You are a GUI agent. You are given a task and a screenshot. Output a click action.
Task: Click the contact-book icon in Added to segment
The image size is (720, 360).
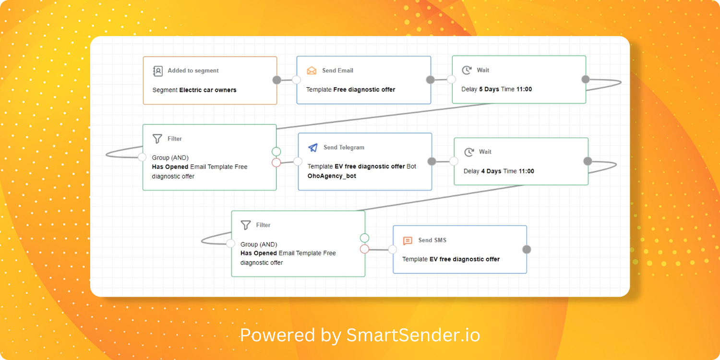158,71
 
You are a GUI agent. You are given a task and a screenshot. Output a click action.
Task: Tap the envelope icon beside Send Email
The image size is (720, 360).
312,71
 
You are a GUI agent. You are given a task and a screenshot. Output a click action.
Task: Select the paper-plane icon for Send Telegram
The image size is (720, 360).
313,148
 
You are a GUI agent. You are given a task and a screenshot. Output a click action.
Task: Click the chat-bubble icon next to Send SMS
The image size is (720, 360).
408,240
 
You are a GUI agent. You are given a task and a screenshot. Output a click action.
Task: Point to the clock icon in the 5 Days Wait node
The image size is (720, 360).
467,71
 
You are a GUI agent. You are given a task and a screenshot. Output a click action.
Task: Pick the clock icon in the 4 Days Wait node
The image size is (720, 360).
469,152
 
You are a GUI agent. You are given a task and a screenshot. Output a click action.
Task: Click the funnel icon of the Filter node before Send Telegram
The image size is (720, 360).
157,139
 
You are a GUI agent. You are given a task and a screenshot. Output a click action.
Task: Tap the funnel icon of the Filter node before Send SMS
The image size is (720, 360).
246,225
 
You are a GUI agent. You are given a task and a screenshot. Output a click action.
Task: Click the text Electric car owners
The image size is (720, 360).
208,90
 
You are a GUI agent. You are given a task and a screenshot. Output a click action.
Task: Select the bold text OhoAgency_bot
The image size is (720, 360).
332,176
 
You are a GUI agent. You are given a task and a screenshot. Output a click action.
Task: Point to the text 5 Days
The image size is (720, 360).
489,89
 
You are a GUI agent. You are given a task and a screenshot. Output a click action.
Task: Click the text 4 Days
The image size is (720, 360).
491,171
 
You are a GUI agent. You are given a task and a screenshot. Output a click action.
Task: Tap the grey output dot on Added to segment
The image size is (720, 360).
276,80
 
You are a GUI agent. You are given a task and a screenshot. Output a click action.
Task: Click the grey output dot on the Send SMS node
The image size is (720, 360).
527,249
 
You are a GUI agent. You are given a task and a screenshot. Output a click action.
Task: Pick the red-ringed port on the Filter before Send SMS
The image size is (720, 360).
364,249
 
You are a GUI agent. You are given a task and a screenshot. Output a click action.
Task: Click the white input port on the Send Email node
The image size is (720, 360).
297,80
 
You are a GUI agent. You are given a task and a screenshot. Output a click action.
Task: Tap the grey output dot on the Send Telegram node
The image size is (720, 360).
432,161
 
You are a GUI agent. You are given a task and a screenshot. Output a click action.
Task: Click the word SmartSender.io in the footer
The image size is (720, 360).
413,335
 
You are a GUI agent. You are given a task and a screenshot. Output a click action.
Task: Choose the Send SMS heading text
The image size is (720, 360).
432,240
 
